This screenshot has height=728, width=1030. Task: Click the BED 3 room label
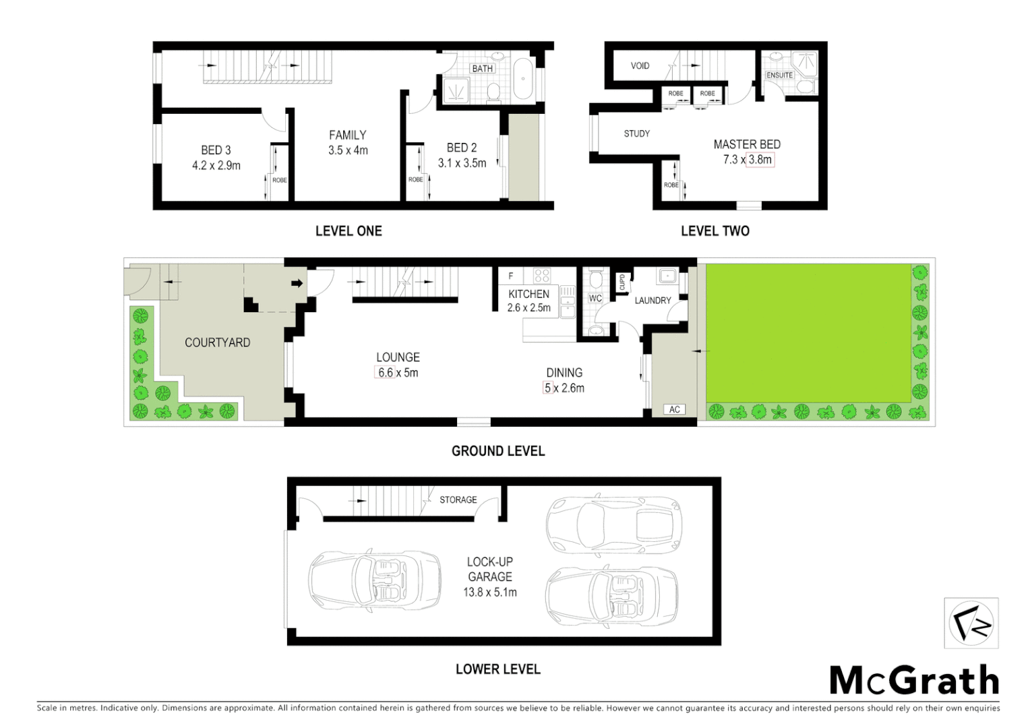coord(216,150)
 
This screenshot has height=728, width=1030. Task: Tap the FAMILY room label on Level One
coord(348,135)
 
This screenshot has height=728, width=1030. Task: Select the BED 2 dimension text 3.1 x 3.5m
coord(462,163)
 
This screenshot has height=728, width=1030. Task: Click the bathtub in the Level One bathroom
coord(522,80)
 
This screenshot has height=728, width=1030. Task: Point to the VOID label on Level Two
coord(640,66)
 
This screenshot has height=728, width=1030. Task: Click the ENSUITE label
coord(779,75)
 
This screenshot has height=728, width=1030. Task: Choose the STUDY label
coord(636,134)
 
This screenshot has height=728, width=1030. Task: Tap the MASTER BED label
coord(747,144)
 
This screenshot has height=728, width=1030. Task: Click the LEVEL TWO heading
coord(715,231)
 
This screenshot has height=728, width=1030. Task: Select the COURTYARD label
coord(217,342)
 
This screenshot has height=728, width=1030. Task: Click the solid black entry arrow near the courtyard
coord(297,283)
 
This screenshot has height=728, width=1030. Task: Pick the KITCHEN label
coord(528,294)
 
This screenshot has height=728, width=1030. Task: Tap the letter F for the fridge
coord(511,276)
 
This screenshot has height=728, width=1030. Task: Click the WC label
coord(595,299)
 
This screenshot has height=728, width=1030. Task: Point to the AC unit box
coord(674,409)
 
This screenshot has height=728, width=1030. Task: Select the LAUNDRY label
coord(653,301)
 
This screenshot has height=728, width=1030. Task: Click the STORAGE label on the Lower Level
coord(458,500)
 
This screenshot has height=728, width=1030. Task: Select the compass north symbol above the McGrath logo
coord(971,624)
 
